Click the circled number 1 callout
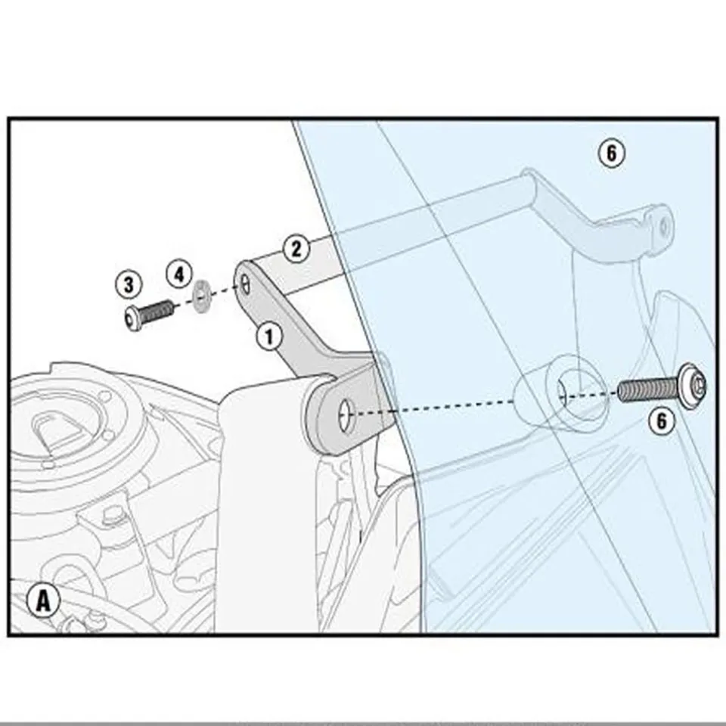click(x=269, y=335)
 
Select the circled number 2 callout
click(x=296, y=249)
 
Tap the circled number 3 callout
click(x=129, y=285)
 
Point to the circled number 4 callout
click(x=178, y=274)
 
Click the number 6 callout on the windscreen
click(x=611, y=154)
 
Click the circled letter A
click(x=44, y=601)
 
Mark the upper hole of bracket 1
click(x=247, y=284)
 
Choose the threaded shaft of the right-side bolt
click(x=647, y=390)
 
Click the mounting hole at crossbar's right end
click(x=663, y=225)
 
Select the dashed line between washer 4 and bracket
click(x=224, y=291)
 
